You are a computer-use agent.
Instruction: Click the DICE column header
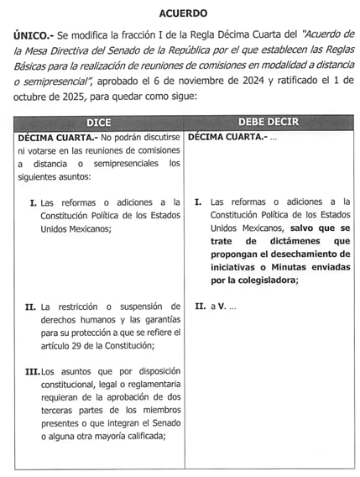[98, 123]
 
